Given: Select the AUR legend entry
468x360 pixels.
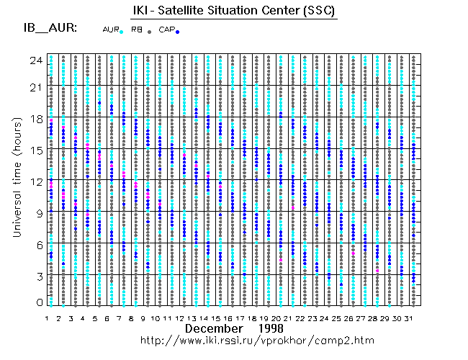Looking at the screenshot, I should pos(112,30).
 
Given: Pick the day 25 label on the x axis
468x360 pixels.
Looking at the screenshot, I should pos(340,318).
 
